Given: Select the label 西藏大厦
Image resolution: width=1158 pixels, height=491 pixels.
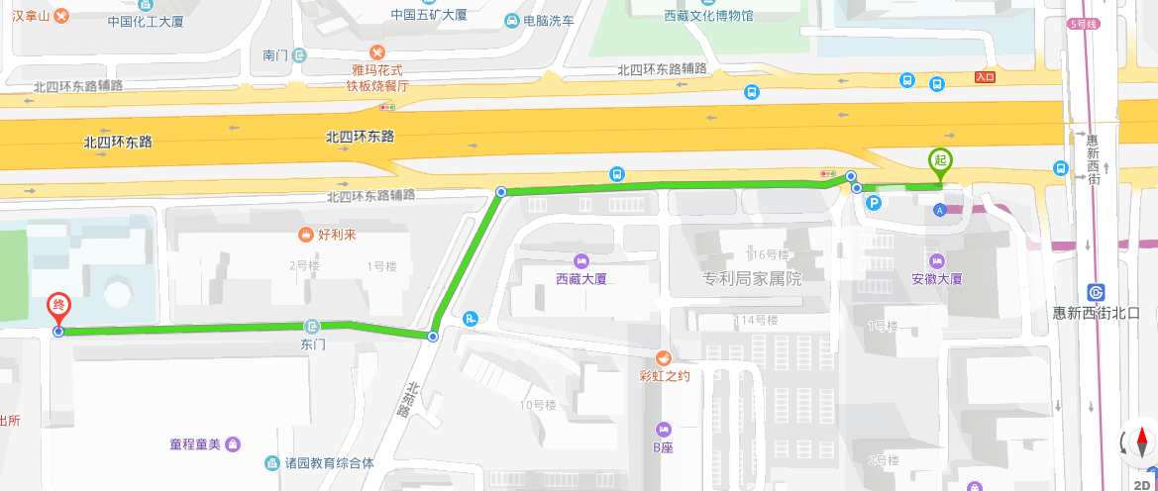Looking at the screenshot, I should click(554, 278).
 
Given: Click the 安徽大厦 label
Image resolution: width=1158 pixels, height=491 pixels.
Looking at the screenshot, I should click(936, 278).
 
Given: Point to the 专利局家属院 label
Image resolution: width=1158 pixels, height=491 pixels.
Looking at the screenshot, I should click(752, 278).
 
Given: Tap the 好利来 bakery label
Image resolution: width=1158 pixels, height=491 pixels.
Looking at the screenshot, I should click(330, 235).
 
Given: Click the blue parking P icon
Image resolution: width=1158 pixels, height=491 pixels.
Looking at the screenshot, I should click(874, 203).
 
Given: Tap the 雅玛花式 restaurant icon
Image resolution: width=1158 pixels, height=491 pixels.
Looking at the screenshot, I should click(376, 51).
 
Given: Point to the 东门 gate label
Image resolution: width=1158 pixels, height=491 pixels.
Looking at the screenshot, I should click(313, 344).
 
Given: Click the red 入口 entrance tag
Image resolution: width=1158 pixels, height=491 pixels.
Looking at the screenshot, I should click(985, 77).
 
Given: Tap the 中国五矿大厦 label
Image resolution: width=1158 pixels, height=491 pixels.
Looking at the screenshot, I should click(430, 15).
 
